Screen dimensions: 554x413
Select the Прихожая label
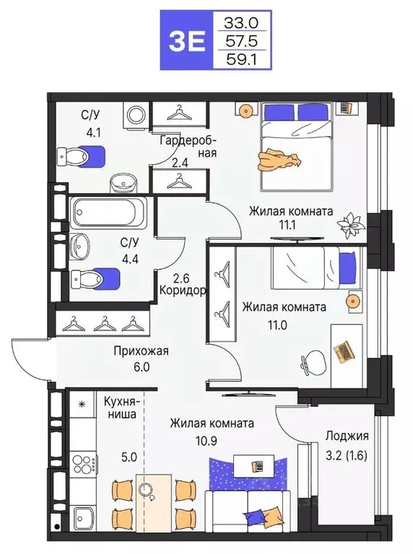[140, 351]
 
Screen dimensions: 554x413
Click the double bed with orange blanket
[296, 144]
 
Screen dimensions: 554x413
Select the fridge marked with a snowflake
[82, 405]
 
